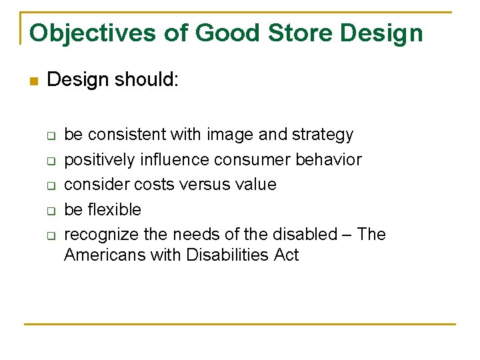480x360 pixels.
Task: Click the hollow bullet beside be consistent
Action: (50, 135)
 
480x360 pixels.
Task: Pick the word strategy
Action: (323, 135)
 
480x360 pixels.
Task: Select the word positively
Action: (100, 160)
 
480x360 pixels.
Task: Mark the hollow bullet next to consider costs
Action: (50, 185)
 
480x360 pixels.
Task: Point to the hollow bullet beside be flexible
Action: (50, 211)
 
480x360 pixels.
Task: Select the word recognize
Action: (101, 235)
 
